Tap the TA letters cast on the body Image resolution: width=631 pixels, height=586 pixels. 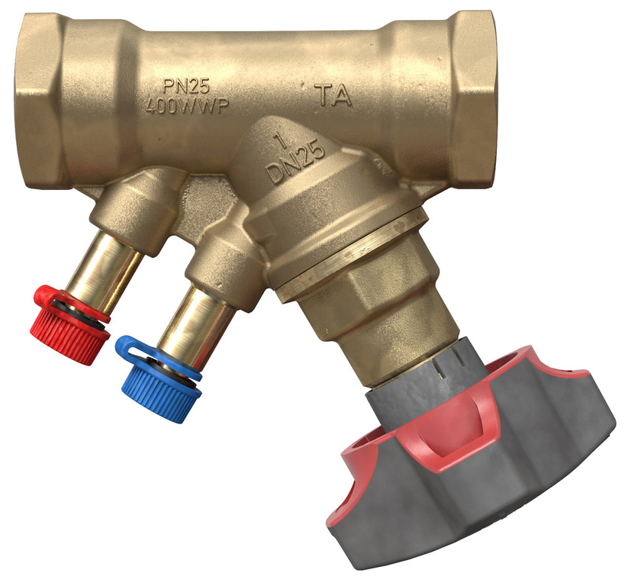(x=334, y=96)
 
